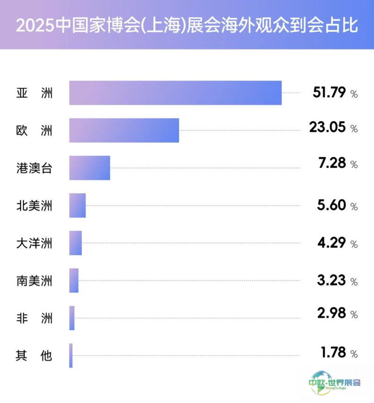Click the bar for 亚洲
[x=175, y=93]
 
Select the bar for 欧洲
[x=124, y=130]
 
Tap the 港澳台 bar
[x=90, y=168]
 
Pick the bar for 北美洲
[x=78, y=205]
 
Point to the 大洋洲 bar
[x=75, y=243]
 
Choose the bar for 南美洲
[x=74, y=280]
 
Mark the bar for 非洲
[x=72, y=318]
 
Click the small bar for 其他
[x=71, y=355]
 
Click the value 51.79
[x=329, y=92]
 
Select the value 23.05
[x=327, y=127]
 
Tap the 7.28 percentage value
[x=332, y=163]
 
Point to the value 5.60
[x=331, y=205]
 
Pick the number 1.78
[x=333, y=352]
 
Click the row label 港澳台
[x=34, y=168]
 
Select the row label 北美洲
[x=34, y=206]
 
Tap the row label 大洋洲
[x=34, y=243]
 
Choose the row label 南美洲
[x=34, y=281]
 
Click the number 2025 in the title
[x=35, y=26]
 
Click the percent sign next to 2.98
[x=354, y=314]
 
